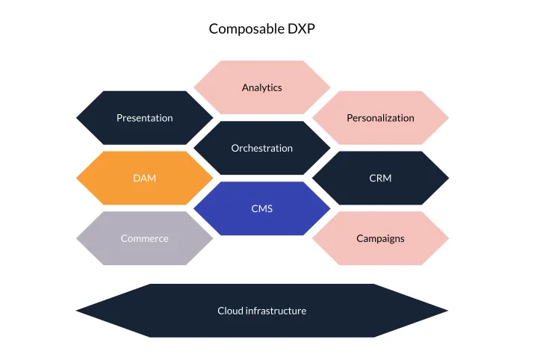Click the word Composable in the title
pos(246,29)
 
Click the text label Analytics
pos(262,87)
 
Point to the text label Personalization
pos(380,118)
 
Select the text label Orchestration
pos(262,148)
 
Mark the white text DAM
pos(144,178)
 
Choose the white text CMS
pos(262,208)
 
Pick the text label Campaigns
pos(380,238)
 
